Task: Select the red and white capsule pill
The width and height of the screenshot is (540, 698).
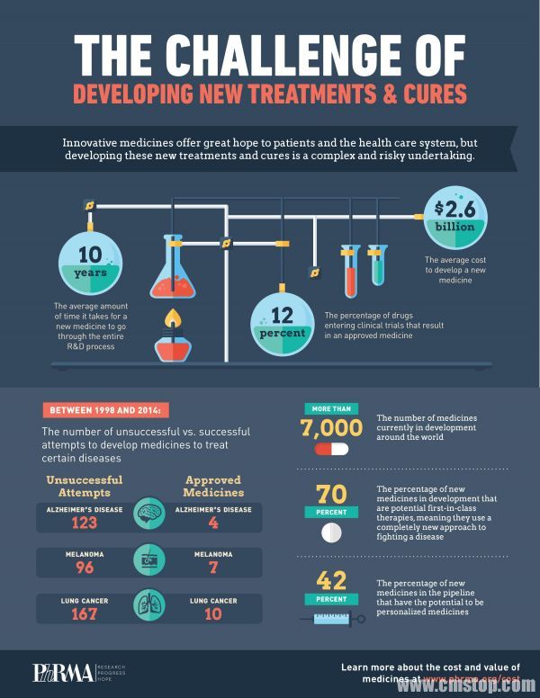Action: point(330,449)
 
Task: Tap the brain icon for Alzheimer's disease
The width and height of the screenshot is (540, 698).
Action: point(149,515)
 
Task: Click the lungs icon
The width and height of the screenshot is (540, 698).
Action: point(148,604)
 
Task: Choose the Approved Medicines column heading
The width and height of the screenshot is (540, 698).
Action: point(213,486)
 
